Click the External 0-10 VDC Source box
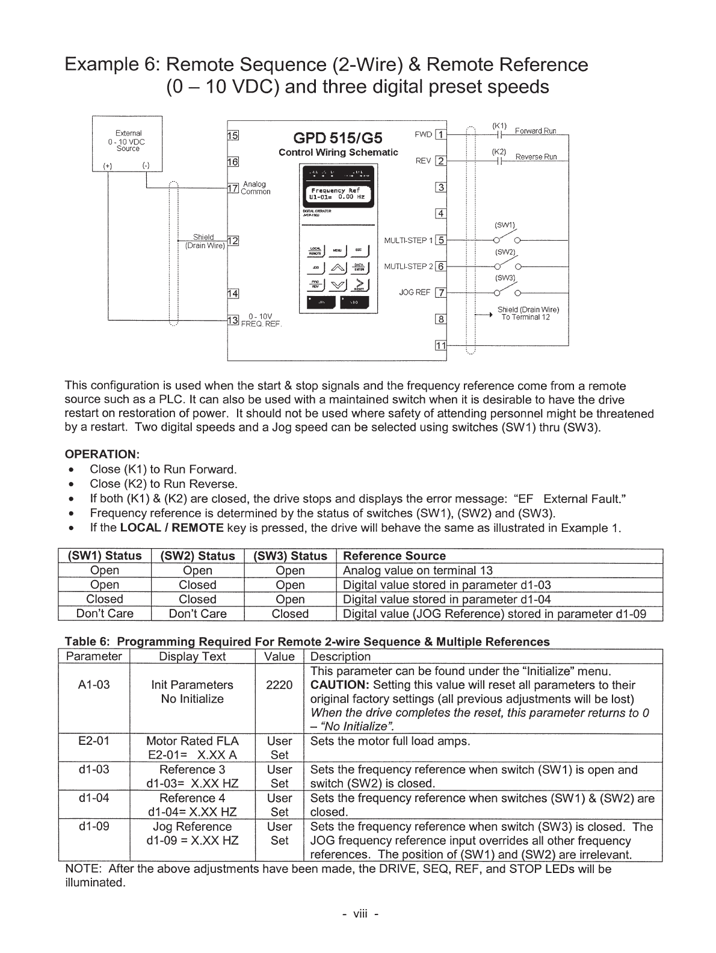coord(127,144)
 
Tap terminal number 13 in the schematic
coord(233,319)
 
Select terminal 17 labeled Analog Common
coord(233,188)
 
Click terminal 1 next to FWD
coord(441,135)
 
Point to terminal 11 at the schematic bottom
coord(441,345)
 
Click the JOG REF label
coord(415,292)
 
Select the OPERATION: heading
coord(102,454)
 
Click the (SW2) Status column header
coord(197,556)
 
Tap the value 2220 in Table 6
coord(279,685)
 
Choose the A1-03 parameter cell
coord(94,685)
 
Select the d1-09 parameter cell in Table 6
coord(94,827)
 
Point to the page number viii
coord(360,914)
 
